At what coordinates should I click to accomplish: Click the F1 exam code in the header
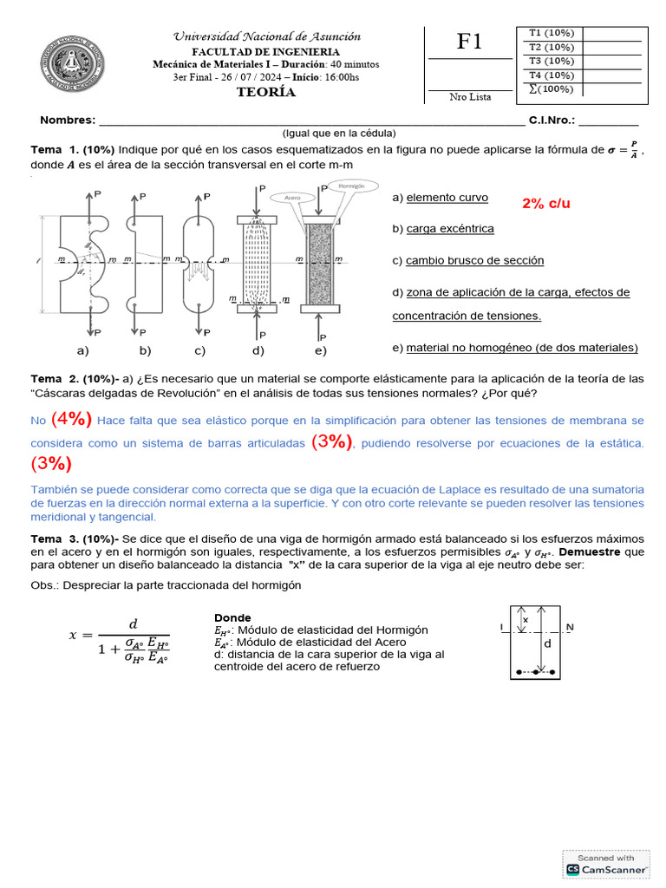click(469, 42)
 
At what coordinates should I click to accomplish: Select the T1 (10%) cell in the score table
click(551, 33)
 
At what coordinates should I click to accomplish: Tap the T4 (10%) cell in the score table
click(551, 75)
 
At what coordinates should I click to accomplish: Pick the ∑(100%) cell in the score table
click(551, 89)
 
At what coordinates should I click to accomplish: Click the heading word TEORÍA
click(266, 93)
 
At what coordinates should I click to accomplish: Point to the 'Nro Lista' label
click(470, 97)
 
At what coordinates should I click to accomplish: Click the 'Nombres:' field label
click(67, 121)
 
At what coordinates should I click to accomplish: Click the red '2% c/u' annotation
click(546, 203)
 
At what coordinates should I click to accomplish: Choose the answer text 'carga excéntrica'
click(450, 229)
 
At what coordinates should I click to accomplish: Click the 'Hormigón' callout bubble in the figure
click(351, 186)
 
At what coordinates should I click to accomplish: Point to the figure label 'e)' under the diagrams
click(321, 350)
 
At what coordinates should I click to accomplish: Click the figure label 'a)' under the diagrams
click(83, 350)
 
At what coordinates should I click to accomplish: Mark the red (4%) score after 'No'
click(71, 420)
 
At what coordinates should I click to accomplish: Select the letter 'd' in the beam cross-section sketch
click(546, 644)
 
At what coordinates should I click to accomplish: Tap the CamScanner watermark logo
click(605, 864)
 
